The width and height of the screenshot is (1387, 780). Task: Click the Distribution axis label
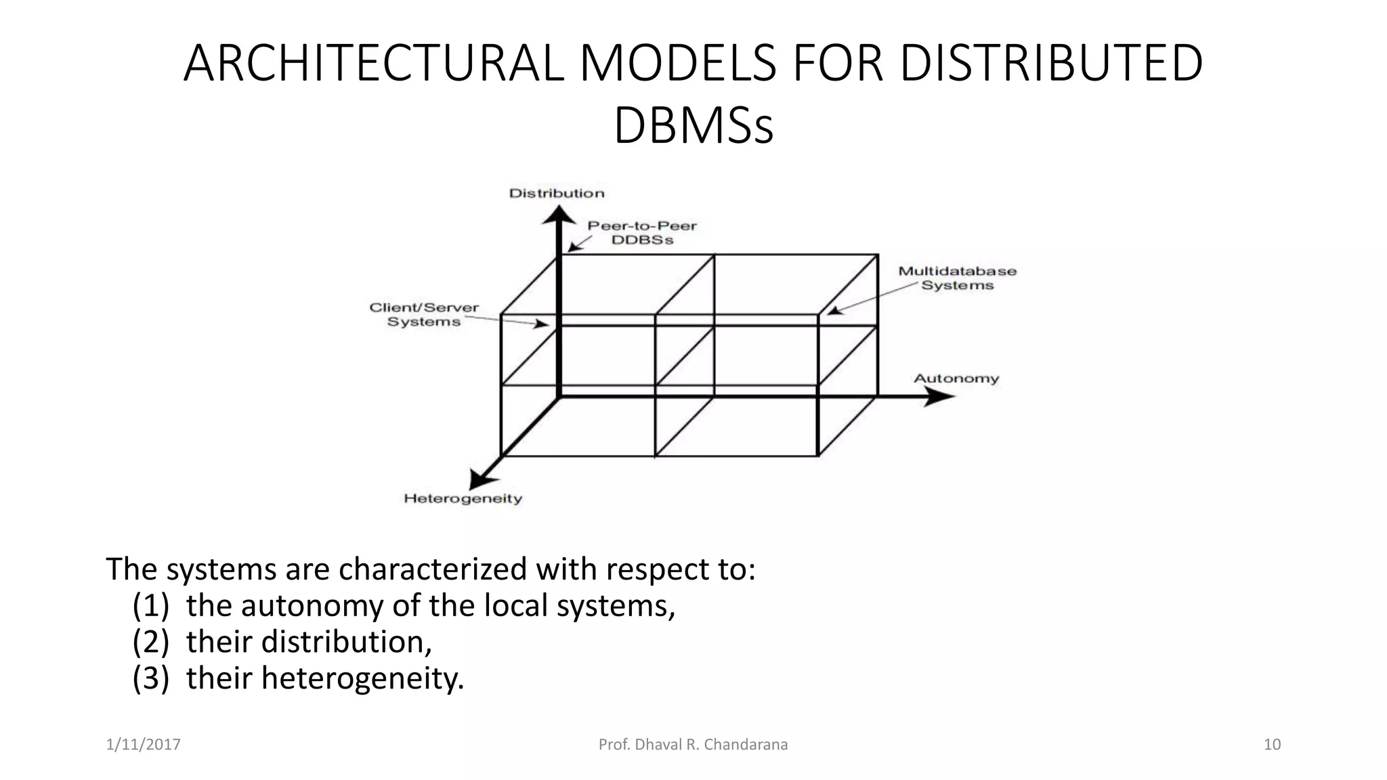(557, 194)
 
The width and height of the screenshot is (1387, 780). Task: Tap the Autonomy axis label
(956, 378)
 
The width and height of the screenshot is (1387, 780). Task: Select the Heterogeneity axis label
(463, 499)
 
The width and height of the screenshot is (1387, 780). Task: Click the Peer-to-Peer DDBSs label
(642, 233)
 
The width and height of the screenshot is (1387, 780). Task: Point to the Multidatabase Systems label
(957, 278)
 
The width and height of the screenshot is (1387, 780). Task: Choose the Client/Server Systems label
(424, 315)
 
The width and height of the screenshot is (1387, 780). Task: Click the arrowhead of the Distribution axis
(559, 215)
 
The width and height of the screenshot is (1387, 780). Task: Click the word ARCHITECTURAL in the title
(373, 64)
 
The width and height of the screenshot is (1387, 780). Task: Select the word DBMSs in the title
(693, 126)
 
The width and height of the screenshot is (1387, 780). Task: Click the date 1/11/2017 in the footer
(144, 745)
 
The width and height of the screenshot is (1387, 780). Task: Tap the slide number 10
(1272, 745)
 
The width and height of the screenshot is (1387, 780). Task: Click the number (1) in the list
(150, 605)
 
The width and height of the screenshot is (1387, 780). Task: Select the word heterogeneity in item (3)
(362, 678)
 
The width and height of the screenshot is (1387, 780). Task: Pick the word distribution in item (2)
(346, 642)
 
